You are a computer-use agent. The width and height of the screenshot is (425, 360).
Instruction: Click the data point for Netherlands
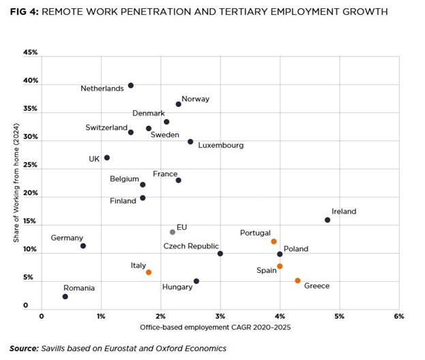[x=131, y=85]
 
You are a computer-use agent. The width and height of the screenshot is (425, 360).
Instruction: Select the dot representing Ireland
[x=328, y=220]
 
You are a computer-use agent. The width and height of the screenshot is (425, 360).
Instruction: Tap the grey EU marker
[x=172, y=232]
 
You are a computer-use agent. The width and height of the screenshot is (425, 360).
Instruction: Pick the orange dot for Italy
[x=148, y=272]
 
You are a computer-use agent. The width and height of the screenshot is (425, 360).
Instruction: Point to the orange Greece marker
[x=298, y=280]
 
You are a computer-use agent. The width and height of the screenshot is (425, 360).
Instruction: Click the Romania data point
[x=65, y=297]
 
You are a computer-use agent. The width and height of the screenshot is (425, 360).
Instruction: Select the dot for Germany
[x=83, y=246]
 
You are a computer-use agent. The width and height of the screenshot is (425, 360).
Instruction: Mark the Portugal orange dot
[x=274, y=242]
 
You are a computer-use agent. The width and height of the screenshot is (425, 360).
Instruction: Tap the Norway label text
[x=195, y=99]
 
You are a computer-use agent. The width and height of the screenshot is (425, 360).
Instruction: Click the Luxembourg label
[x=221, y=145]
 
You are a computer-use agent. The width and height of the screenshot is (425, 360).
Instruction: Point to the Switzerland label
[x=106, y=127]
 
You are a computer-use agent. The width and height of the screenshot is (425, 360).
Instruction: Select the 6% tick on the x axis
[x=398, y=316]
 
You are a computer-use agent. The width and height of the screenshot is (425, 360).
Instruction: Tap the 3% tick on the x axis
[x=220, y=316]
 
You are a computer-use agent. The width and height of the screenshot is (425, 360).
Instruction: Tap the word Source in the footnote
[x=24, y=348]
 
